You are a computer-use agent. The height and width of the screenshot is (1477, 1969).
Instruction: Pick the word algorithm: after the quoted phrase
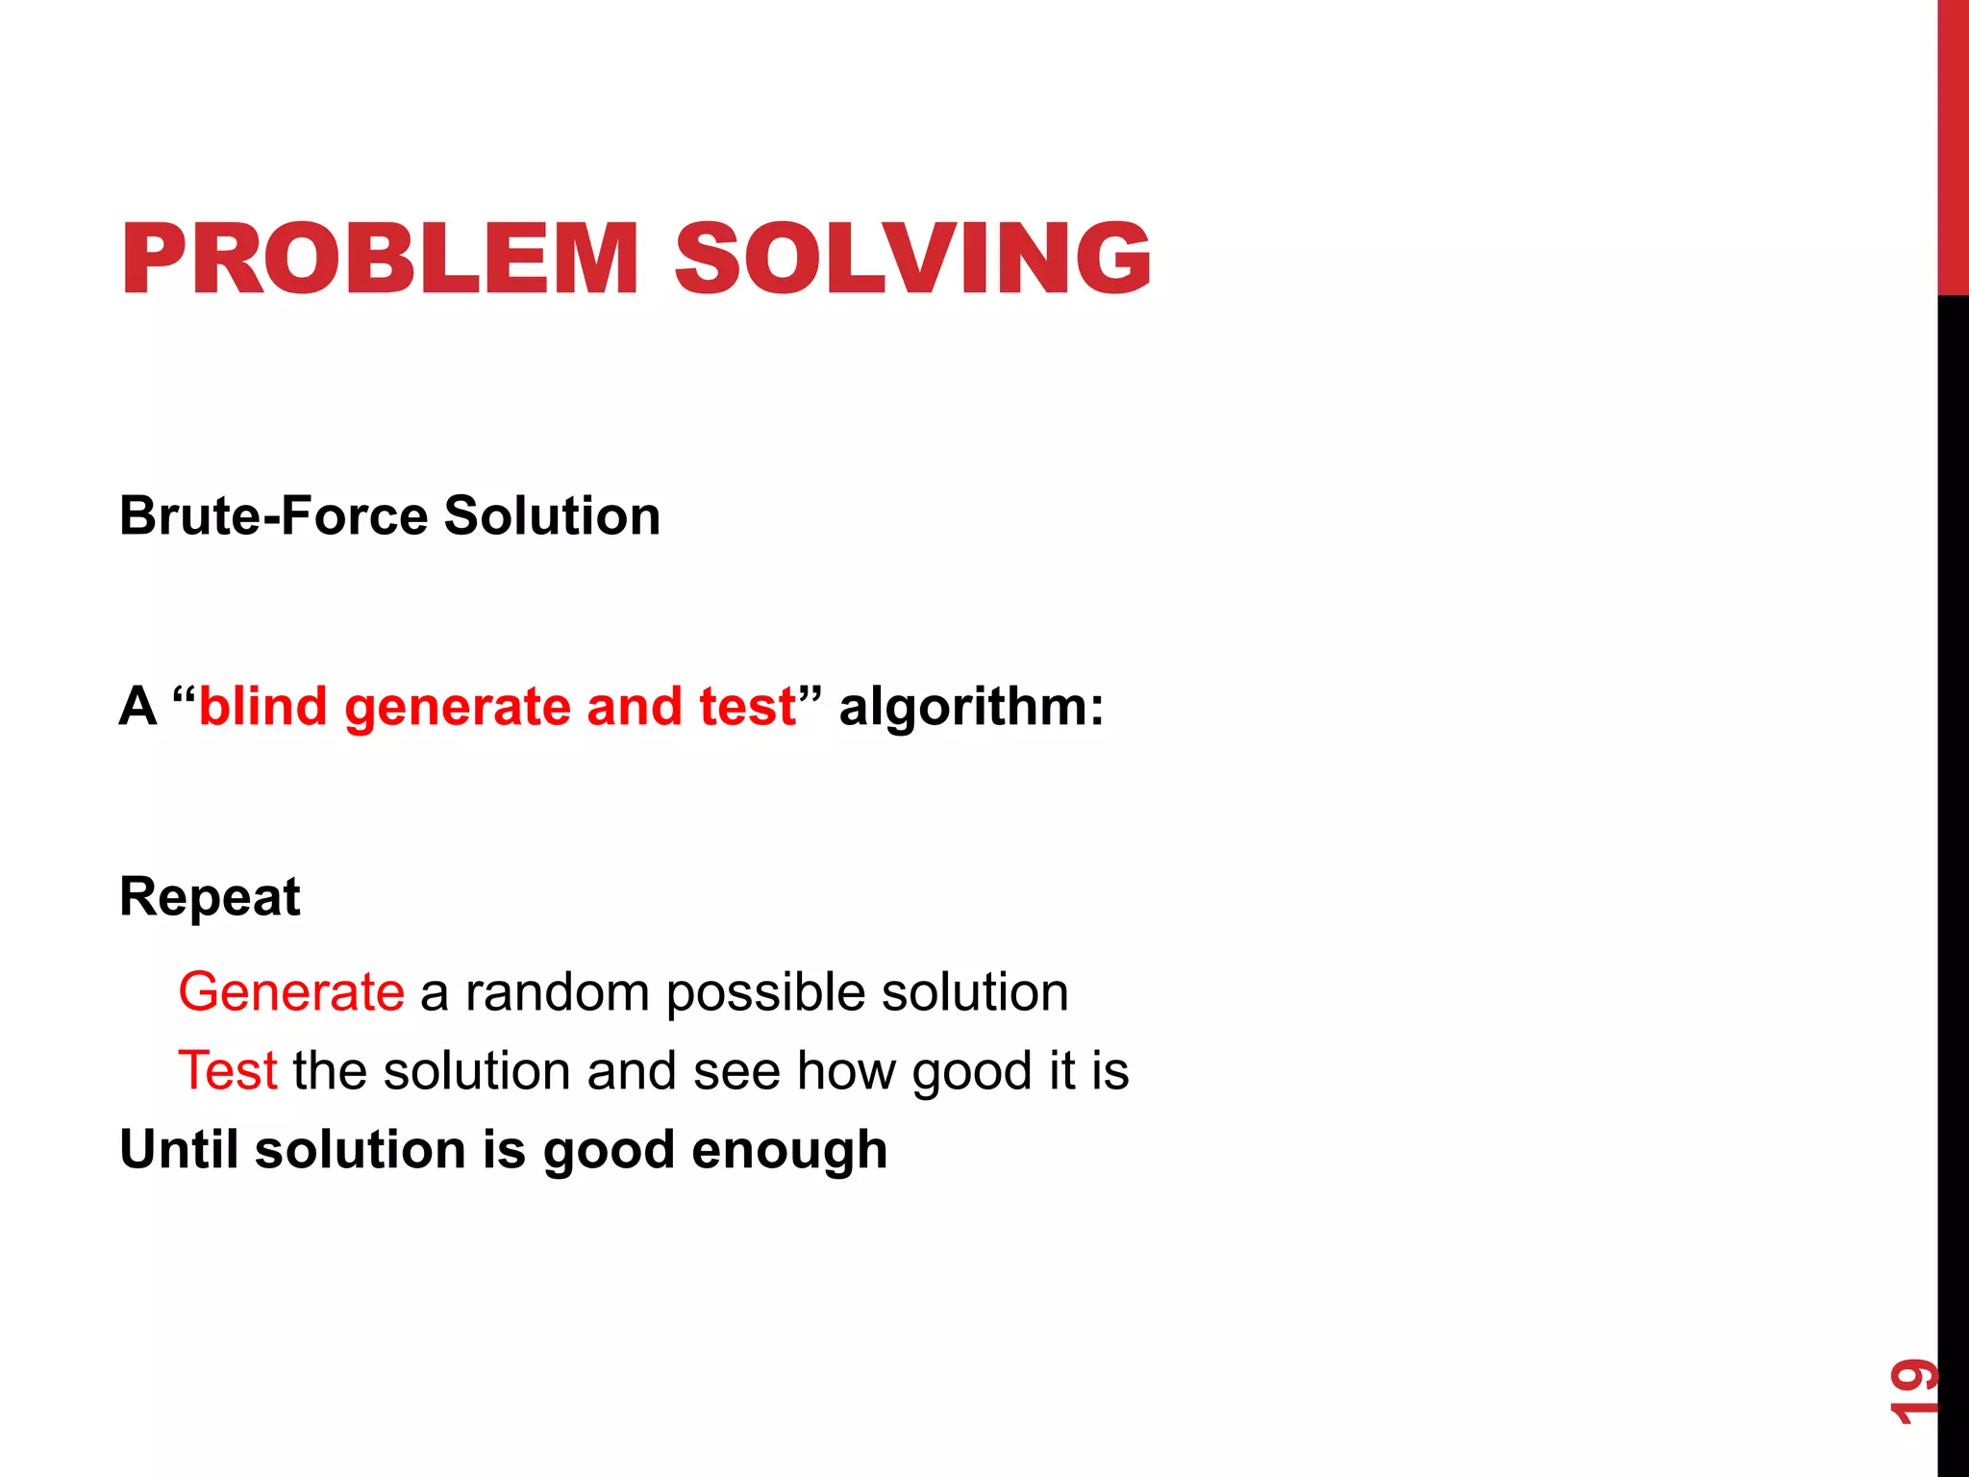pyautogui.click(x=971, y=708)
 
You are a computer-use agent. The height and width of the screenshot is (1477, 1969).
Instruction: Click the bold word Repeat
pyautogui.click(x=210, y=898)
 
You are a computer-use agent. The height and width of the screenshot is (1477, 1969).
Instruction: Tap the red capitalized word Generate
pyautogui.click(x=291, y=991)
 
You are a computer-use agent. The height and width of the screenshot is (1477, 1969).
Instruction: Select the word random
pyautogui.click(x=558, y=991)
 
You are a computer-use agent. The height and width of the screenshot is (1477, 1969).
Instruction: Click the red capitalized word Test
pyautogui.click(x=228, y=1070)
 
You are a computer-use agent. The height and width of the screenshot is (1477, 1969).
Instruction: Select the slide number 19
pyautogui.click(x=1912, y=1390)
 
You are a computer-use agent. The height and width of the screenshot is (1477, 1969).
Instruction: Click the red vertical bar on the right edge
pyautogui.click(x=1953, y=144)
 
